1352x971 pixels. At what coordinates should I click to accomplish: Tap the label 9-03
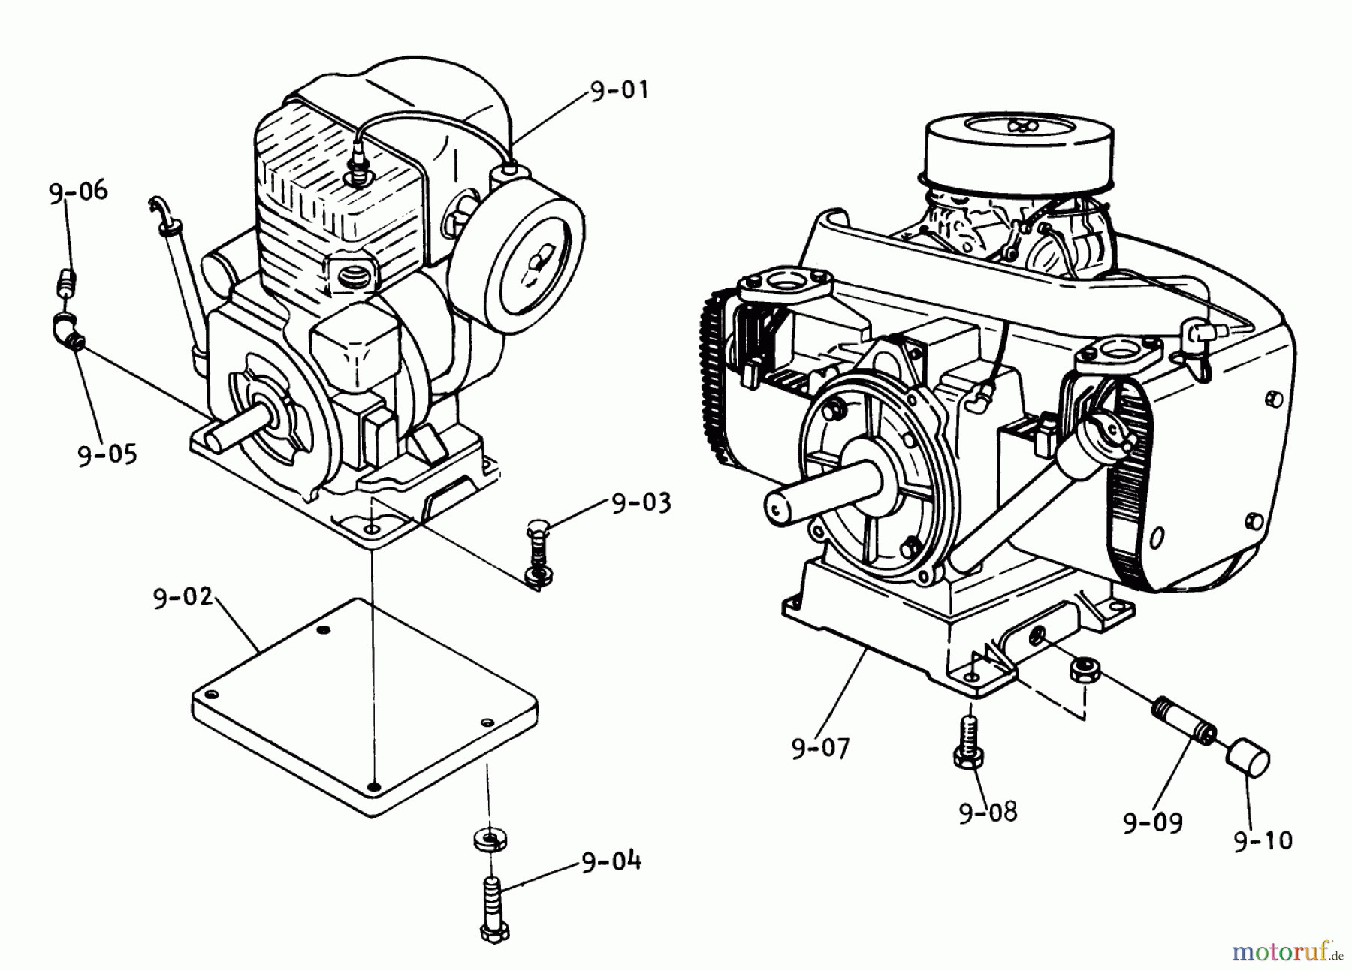point(641,502)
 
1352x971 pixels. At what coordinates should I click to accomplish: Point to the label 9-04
point(611,861)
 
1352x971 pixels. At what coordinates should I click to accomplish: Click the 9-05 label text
point(107,454)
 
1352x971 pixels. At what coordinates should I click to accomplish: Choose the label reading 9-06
point(78,193)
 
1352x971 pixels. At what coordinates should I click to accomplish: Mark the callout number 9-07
point(820,748)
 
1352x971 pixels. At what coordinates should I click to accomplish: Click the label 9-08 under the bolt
point(988,812)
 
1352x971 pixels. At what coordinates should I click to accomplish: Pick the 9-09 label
point(1153,823)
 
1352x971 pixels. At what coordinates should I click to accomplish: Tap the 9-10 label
point(1263,840)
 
